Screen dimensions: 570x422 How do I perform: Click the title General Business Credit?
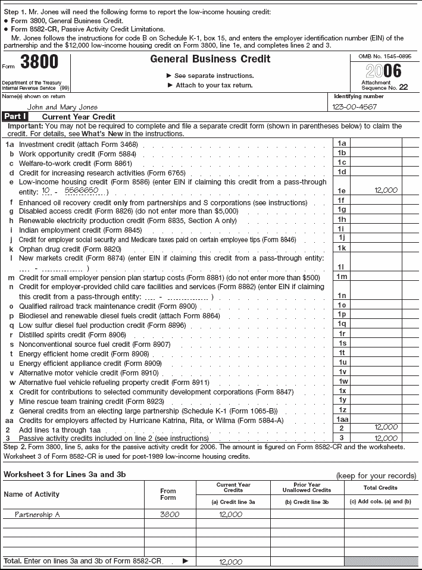[x=210, y=59]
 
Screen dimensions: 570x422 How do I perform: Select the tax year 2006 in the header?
[x=384, y=71]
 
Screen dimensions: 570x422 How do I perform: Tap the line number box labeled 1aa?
[x=342, y=419]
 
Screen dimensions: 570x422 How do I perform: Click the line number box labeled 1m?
[x=342, y=277]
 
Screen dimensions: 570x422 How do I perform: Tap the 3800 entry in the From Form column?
[x=170, y=515]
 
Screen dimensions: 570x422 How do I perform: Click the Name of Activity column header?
[x=32, y=494]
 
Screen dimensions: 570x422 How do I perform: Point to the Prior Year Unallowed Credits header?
[x=307, y=488]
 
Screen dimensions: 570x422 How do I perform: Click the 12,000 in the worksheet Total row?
[x=231, y=562]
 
